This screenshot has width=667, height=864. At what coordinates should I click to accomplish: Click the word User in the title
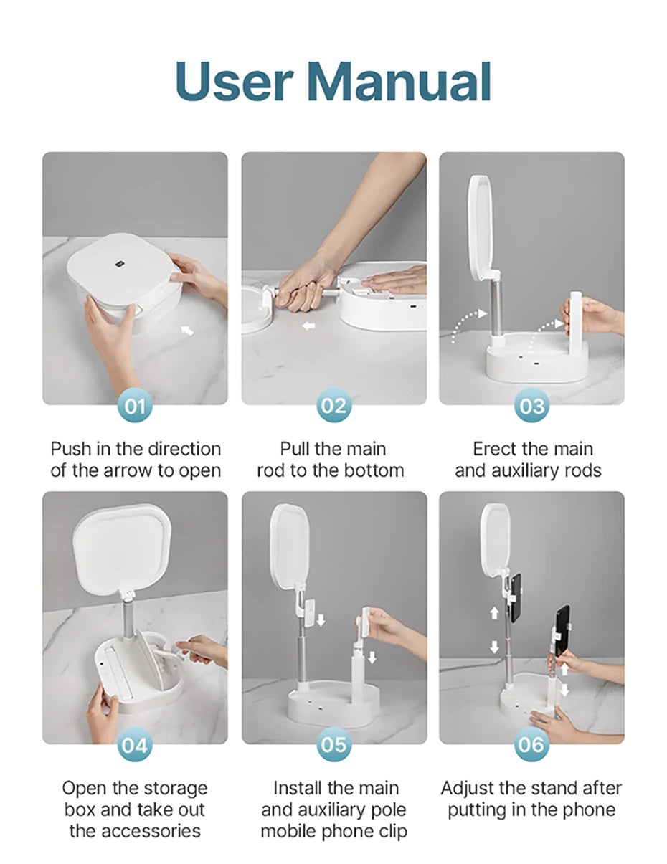pos(235,82)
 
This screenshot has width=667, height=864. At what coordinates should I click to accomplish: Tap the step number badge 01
pos(135,406)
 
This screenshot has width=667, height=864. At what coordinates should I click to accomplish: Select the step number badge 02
pos(333,406)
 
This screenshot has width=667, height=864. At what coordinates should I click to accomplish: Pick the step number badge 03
pos(531,406)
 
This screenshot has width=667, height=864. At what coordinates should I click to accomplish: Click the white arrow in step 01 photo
pos(187,330)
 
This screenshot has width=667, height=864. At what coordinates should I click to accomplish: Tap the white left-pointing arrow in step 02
pos(308,326)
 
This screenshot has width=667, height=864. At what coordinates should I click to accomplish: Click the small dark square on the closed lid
pos(118,263)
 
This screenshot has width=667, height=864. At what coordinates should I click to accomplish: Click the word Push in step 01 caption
pos(71,449)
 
